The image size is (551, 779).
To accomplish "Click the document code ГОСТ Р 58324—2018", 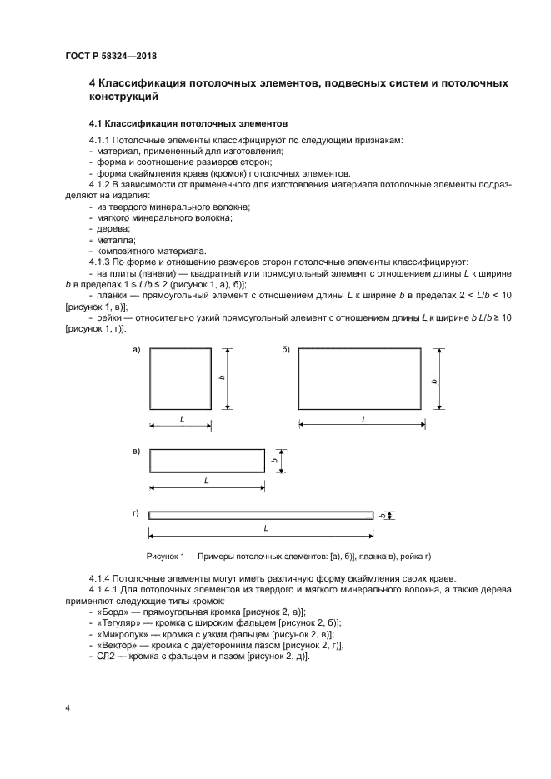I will (110, 57).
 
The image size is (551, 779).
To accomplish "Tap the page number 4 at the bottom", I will (68, 708).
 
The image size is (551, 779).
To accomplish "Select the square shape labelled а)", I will (180, 378).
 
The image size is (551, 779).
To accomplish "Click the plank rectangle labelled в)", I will (206, 460).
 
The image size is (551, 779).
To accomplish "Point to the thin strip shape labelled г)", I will (261, 515).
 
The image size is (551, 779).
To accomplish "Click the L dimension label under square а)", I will (182, 419).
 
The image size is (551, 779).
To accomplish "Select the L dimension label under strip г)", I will (265, 529).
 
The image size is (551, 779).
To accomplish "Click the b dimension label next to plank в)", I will (274, 460).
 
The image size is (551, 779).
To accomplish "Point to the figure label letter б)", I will (285, 350).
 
